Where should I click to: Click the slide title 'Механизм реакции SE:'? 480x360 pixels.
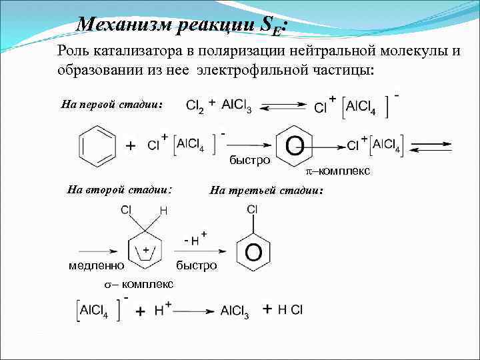pyautogui.click(x=181, y=25)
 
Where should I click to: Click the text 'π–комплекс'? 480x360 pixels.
pyautogui.click(x=337, y=171)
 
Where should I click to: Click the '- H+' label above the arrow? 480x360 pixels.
pyautogui.click(x=194, y=239)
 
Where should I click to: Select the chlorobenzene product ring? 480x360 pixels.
pyautogui.click(x=253, y=251)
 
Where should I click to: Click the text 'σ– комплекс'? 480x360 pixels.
pyautogui.click(x=138, y=284)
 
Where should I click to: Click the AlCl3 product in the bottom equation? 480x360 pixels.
pyautogui.click(x=235, y=311)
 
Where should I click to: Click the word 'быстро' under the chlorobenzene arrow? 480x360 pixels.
pyautogui.click(x=197, y=265)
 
